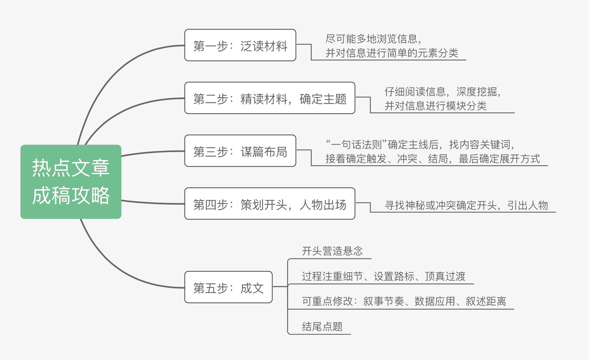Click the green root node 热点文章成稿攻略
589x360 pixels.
coord(71,182)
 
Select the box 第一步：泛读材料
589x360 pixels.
coord(240,45)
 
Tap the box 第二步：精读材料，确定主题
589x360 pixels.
coord(270,98)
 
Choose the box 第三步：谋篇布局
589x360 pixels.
coord(240,151)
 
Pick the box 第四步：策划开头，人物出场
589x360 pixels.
coord(270,204)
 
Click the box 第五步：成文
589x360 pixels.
coord(228,287)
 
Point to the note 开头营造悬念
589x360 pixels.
coord(332,251)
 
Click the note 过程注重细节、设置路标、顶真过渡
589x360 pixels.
coord(383,277)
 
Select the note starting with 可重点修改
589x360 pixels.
coord(404,302)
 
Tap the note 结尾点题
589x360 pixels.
coord(322,327)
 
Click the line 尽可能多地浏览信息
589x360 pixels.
coord(373,39)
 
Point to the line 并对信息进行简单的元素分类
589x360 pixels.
coord(392,53)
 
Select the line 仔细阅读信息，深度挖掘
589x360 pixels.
coord(442,92)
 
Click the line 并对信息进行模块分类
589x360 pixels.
coord(435,106)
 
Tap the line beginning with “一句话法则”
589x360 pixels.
coord(420,145)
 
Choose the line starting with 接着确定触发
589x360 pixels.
coord(432,159)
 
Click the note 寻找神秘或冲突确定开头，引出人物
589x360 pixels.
coord(466,206)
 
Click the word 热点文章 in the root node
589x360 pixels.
coord(71,168)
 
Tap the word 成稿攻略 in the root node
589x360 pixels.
coord(71,195)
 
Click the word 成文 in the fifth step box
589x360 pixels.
coord(252,288)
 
